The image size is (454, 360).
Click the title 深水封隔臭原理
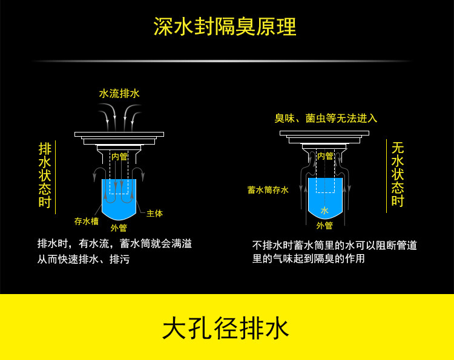(225, 27)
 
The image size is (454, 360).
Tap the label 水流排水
(119, 94)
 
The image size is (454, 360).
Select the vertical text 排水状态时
(45, 175)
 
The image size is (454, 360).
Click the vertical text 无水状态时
(397, 174)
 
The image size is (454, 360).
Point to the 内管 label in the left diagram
(119, 157)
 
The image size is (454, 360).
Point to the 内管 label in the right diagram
(325, 156)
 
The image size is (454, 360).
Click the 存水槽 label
(86, 221)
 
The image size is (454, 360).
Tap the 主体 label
(154, 214)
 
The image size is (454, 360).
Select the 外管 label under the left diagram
(119, 228)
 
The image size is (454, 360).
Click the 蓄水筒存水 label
(268, 190)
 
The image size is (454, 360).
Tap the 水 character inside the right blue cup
(324, 211)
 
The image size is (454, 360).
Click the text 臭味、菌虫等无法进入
(326, 118)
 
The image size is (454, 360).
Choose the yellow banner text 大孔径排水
(226, 329)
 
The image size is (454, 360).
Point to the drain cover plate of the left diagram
(119, 134)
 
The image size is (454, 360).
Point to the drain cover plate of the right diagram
(324, 133)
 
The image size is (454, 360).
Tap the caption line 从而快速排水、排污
(84, 260)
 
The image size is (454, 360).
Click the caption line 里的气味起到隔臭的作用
(308, 259)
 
